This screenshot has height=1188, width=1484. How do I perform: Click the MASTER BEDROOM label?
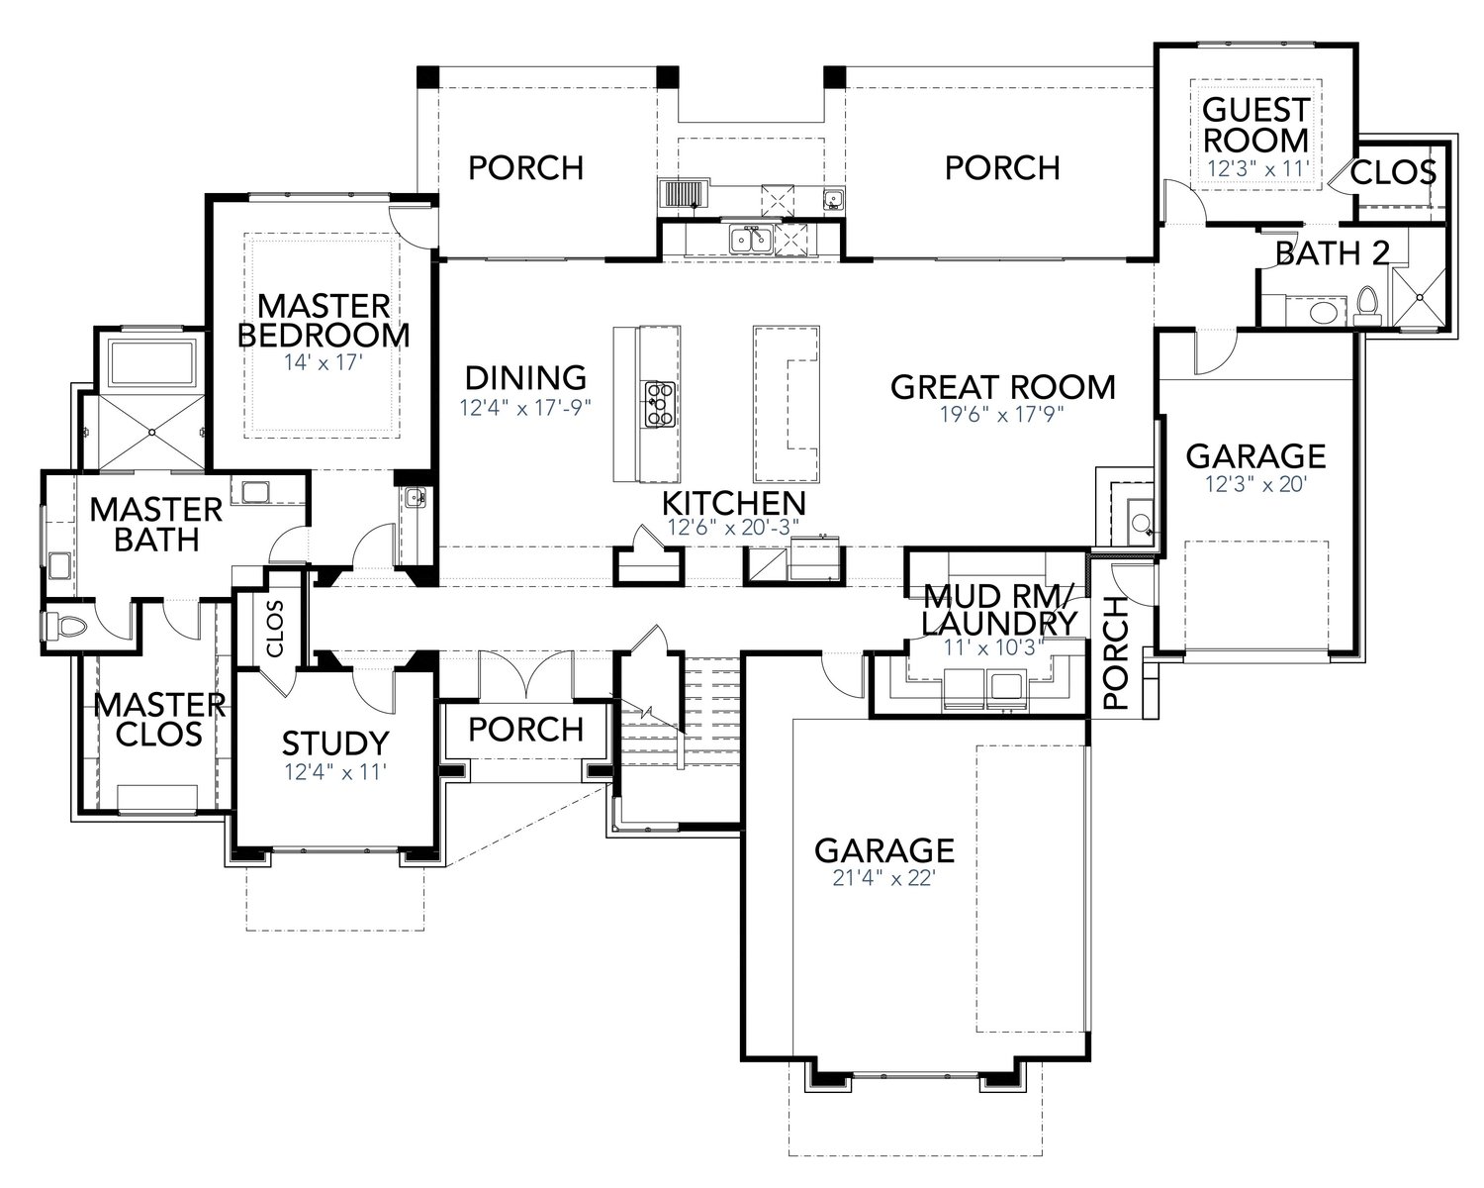click(x=324, y=320)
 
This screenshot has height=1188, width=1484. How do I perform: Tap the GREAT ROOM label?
click(x=1002, y=387)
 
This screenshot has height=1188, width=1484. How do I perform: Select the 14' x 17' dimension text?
click(x=324, y=362)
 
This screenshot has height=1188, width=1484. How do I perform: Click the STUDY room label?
click(x=335, y=742)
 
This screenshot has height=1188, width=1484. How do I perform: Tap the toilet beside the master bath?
click(x=61, y=627)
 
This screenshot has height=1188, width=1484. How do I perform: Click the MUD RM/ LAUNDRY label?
click(x=999, y=610)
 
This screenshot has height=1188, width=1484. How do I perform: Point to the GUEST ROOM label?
click(x=1255, y=124)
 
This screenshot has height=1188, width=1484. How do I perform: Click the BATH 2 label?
click(x=1332, y=253)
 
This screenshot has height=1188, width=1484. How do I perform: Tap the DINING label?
click(x=525, y=378)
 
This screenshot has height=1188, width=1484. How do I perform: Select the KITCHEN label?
click(x=733, y=503)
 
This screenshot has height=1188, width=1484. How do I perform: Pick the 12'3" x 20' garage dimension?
click(x=1255, y=484)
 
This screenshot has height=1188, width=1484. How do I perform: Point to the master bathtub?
click(x=154, y=363)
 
